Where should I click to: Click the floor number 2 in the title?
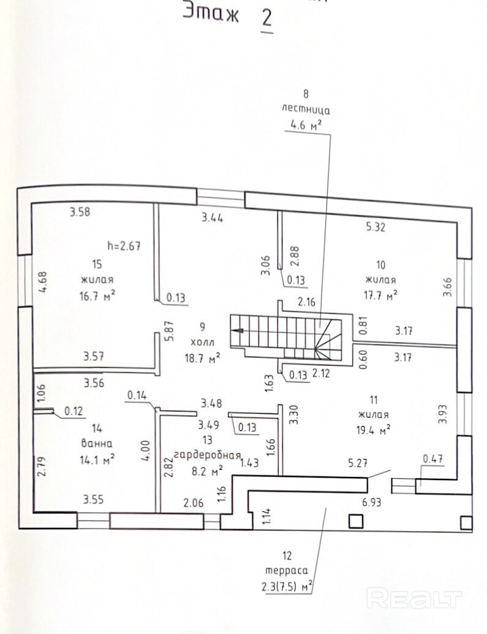point(266,17)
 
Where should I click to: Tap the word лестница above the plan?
point(306,110)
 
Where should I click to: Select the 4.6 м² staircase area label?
point(306,126)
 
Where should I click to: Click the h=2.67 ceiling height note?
point(124,247)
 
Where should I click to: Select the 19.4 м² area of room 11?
point(373,429)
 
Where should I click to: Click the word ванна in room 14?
point(96,443)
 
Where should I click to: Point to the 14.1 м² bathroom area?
point(96,457)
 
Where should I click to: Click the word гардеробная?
point(206,455)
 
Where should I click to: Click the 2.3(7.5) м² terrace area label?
point(286,587)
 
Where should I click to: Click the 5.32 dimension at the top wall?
point(377,227)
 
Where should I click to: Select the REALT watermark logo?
point(413,597)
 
